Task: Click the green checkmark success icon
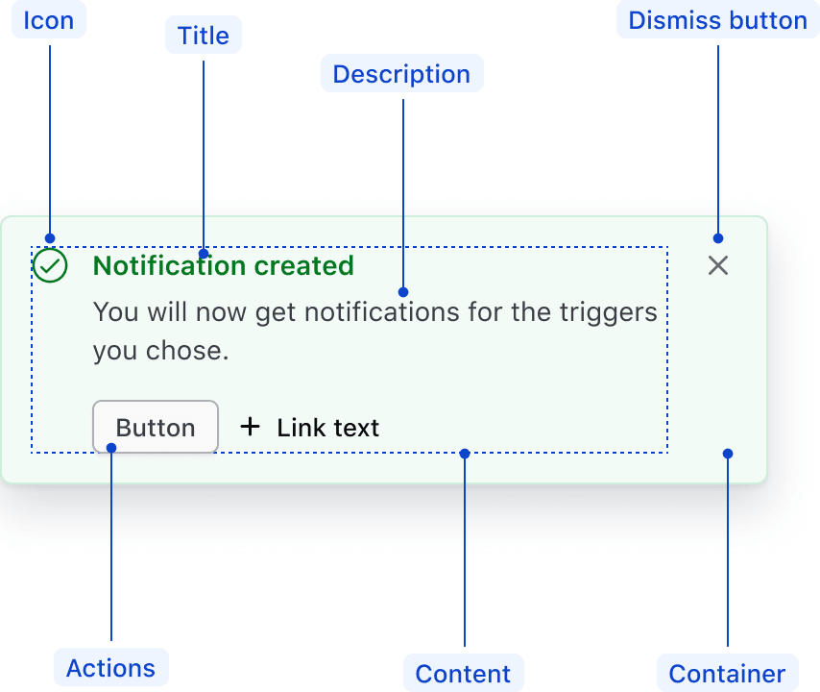point(50,266)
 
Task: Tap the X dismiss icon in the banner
point(718,266)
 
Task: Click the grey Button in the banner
point(156,427)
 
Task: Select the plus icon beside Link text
point(250,426)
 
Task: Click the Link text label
point(328,428)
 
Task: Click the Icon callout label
point(49,20)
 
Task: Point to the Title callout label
point(204,36)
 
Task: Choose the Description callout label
point(401,74)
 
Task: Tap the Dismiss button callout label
point(717,20)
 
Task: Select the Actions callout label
point(111,668)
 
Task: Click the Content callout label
point(463,674)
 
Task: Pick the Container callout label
point(727,674)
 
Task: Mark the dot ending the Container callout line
point(728,453)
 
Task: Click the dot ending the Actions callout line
point(111,447)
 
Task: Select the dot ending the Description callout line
point(403,291)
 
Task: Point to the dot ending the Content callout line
point(465,453)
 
